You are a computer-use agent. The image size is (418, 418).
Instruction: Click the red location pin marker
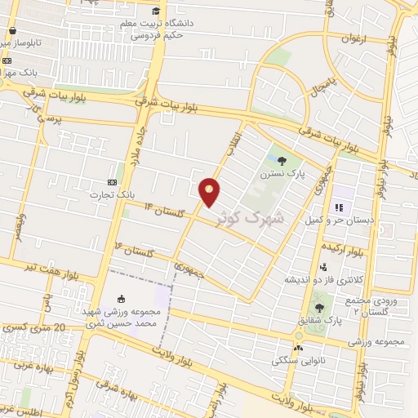point(211,191)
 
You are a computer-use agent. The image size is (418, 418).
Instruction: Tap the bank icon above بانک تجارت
point(112,182)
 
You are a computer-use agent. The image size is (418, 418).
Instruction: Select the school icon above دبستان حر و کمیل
point(338,207)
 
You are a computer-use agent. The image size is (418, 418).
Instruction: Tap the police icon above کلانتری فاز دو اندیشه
point(324,266)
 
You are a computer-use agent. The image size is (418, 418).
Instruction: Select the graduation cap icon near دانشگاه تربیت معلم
point(156,11)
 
